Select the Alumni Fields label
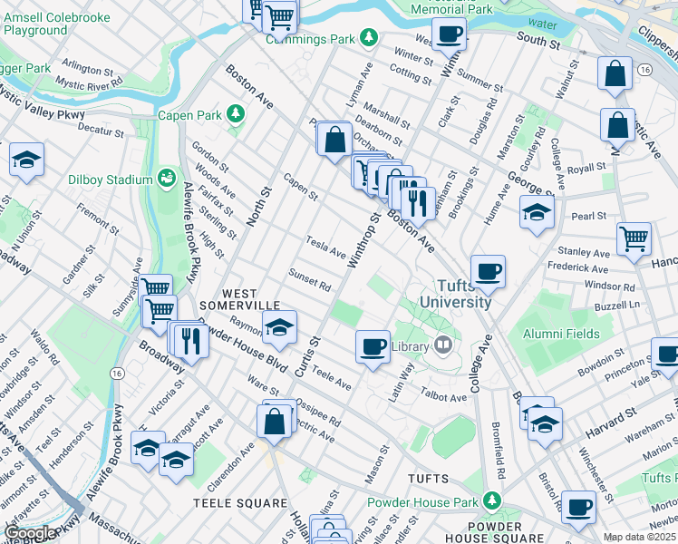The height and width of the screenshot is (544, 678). pyautogui.click(x=561, y=334)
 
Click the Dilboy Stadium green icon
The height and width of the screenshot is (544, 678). pyautogui.click(x=167, y=178)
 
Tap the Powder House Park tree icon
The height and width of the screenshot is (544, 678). pyautogui.click(x=491, y=500)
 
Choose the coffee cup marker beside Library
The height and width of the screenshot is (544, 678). pyautogui.click(x=372, y=346)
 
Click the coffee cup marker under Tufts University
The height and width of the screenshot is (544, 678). pyautogui.click(x=488, y=271)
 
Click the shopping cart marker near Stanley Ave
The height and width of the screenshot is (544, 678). pyautogui.click(x=634, y=239)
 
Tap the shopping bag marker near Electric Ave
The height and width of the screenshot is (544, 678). pyautogui.click(x=274, y=421)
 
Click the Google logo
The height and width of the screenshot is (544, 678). pyautogui.click(x=30, y=533)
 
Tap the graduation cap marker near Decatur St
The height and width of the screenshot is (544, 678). pyautogui.click(x=27, y=160)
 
